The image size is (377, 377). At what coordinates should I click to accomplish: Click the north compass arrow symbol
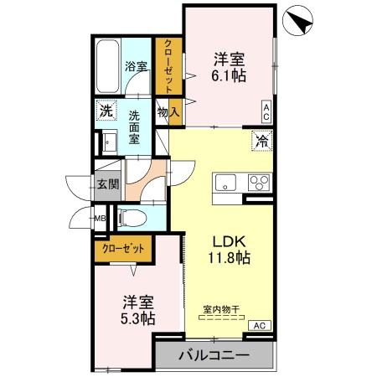[x=298, y=19]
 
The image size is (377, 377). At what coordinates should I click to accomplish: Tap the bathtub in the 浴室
[x=107, y=65]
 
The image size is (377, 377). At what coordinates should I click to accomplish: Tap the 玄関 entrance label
[x=106, y=185]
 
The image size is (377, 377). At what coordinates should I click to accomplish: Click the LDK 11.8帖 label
[x=227, y=248]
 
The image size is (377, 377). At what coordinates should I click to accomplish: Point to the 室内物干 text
[x=220, y=308]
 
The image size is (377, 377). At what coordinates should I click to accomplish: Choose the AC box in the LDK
[x=259, y=325]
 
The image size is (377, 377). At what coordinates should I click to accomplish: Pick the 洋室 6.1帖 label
[x=227, y=67]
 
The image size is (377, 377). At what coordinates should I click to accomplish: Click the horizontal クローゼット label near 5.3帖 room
[x=123, y=248]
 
